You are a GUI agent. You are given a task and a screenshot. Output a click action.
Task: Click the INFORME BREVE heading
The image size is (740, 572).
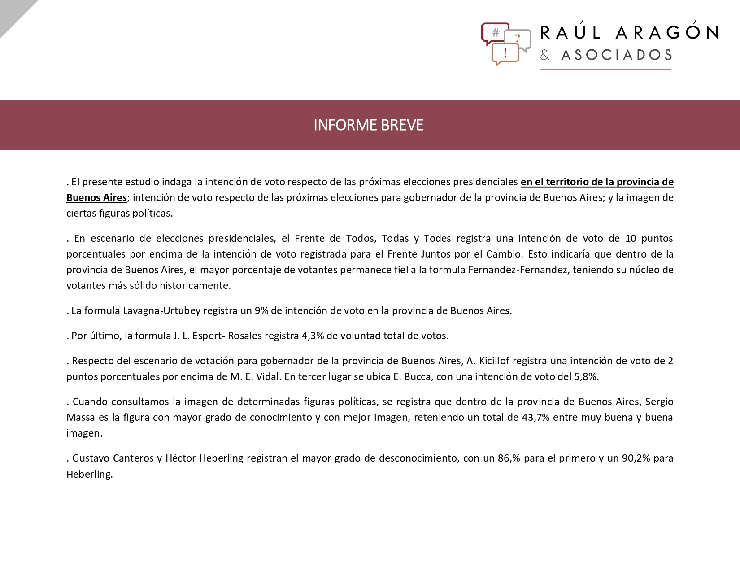(x=368, y=125)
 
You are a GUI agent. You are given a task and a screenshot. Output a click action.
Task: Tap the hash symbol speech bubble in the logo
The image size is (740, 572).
(x=495, y=33)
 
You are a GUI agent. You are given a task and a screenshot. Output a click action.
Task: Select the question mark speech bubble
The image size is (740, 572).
(x=518, y=39)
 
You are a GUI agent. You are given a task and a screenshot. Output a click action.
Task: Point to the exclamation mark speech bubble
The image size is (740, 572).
(x=505, y=53)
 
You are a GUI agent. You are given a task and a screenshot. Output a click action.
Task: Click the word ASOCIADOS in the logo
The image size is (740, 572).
(x=617, y=55)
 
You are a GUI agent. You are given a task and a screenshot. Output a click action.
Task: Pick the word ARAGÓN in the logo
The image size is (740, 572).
(x=667, y=32)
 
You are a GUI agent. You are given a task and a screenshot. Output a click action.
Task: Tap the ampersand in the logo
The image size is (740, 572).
(x=545, y=55)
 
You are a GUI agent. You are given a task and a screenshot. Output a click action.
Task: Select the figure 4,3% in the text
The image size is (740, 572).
(x=313, y=336)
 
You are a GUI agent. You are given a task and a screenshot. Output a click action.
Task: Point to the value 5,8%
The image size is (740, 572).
(x=586, y=376)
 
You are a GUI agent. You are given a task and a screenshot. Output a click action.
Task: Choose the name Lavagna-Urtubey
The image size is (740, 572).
(x=161, y=310)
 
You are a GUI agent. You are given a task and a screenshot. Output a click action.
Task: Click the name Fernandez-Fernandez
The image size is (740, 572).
(x=518, y=270)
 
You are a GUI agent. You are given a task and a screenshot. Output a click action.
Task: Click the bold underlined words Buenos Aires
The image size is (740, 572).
(x=96, y=197)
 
